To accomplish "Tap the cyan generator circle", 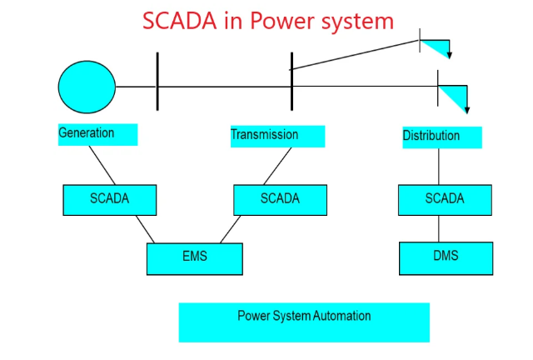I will click(87, 87).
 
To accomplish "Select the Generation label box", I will click(97, 134).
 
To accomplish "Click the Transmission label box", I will click(277, 136).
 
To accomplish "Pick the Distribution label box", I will click(441, 137).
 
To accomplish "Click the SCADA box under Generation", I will click(109, 200).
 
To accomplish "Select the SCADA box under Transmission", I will click(280, 200).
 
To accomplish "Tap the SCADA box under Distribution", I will click(445, 200).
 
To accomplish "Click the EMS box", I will click(194, 258).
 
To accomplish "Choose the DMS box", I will click(445, 257).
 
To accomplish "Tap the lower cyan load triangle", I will click(454, 94).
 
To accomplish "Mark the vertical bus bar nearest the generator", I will click(157, 81).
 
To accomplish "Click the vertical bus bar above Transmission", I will click(291, 81).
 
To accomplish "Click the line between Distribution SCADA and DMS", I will click(439, 228).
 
